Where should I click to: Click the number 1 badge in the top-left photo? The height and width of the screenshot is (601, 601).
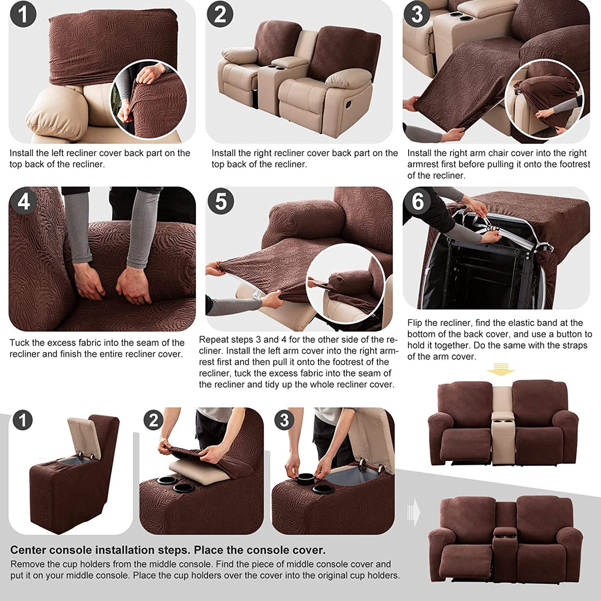23,14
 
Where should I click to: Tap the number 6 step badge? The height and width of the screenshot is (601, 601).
417,201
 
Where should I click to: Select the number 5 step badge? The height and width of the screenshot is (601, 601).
220,201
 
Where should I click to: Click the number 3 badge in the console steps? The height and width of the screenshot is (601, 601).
284,420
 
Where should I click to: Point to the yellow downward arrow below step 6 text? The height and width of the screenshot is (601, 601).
501,369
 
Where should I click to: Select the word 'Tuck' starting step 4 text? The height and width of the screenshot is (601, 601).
20,343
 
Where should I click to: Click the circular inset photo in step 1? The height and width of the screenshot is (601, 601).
149,99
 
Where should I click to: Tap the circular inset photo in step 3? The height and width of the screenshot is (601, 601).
544,99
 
